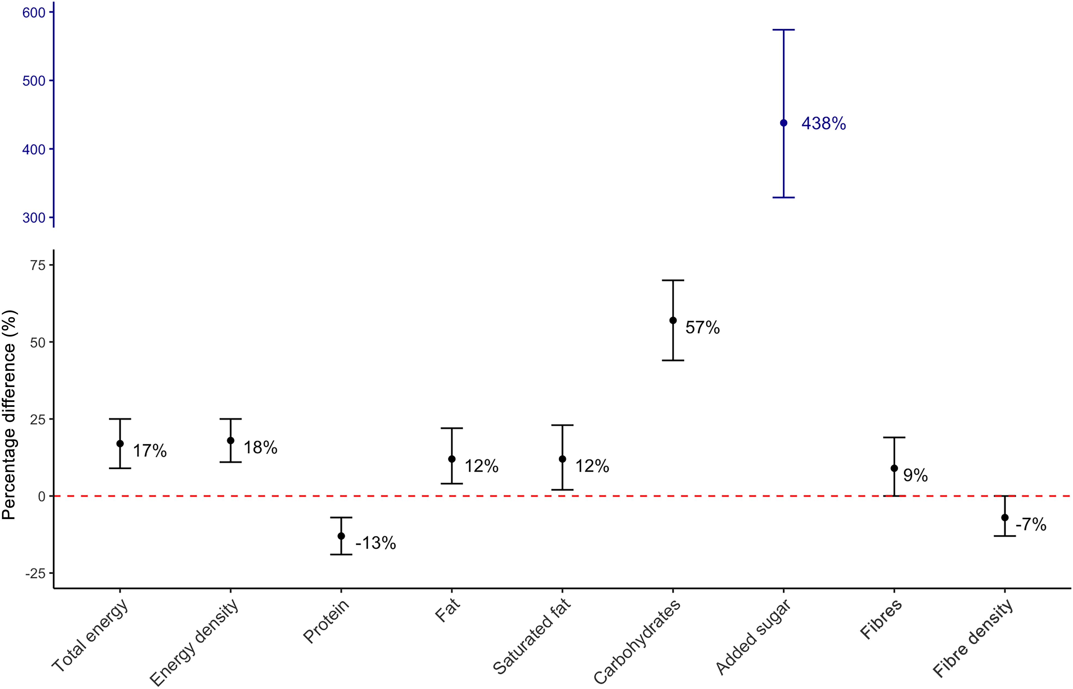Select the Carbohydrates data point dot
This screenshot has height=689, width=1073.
[x=673, y=320]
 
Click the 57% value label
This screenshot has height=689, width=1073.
[x=702, y=328]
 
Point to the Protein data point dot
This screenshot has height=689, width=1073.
[x=341, y=536]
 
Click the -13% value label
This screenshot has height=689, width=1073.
[x=376, y=543]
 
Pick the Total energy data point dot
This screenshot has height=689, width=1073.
[x=120, y=443]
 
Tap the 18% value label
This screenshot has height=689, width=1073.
[x=260, y=448]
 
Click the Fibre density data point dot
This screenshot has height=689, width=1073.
[x=1005, y=518]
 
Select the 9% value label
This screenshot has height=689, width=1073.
[x=915, y=475]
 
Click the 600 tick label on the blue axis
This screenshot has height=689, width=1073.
[x=34, y=13]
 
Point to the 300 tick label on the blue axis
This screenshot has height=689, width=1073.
[x=34, y=218]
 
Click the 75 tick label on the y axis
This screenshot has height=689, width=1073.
[x=38, y=265]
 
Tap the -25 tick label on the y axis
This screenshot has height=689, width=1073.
[x=36, y=574]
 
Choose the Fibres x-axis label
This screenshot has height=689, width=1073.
[x=881, y=619]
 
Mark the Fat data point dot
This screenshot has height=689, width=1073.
[x=452, y=459]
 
